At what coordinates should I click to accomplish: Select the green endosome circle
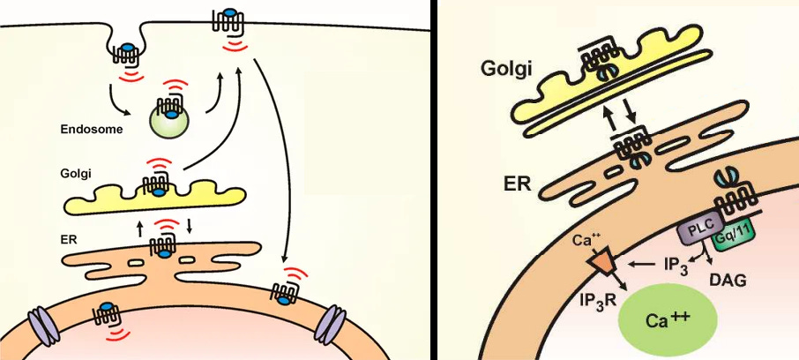point(168,123)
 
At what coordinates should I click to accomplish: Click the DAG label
point(728,281)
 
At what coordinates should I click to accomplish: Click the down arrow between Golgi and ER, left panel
point(188,226)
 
